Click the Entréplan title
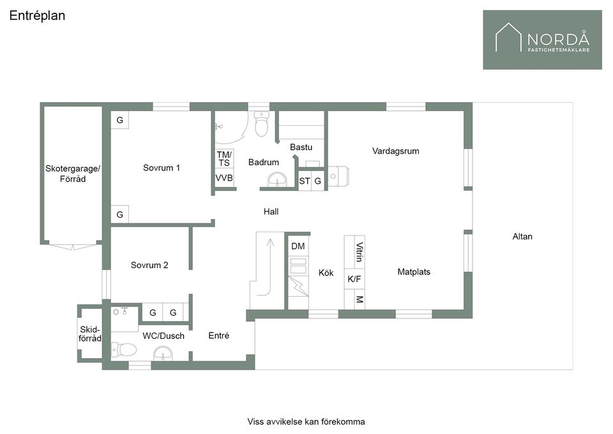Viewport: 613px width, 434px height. (x=37, y=15)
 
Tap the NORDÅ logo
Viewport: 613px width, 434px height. (x=542, y=40)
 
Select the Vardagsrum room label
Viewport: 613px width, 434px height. (x=395, y=151)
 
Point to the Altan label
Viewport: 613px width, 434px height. (x=522, y=236)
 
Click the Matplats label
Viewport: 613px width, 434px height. (x=414, y=272)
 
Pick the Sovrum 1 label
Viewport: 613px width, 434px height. (x=161, y=168)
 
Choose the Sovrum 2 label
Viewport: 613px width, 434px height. (x=149, y=266)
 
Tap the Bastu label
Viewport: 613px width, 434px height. (x=301, y=147)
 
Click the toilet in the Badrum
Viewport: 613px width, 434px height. (x=261, y=123)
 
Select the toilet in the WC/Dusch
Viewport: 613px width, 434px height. (x=124, y=350)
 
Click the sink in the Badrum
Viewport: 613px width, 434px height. (x=278, y=180)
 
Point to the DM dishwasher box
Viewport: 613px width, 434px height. (x=298, y=246)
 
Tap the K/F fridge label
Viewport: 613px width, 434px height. (x=354, y=280)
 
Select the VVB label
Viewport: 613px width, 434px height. (x=224, y=178)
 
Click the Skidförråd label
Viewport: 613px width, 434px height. (x=90, y=334)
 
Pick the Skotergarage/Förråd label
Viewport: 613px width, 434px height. (x=73, y=174)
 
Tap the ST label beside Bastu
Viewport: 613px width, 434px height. (x=305, y=181)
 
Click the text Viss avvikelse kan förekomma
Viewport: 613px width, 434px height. (x=306, y=422)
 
